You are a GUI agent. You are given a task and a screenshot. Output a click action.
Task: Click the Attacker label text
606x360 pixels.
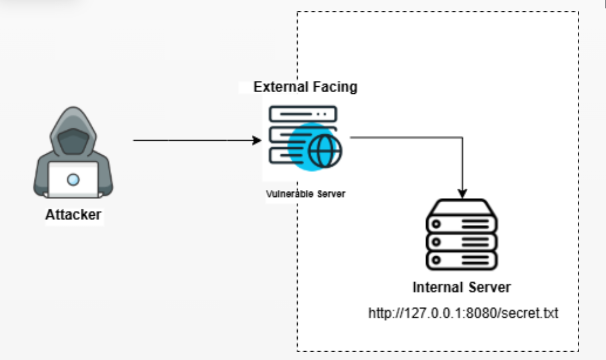[73, 215]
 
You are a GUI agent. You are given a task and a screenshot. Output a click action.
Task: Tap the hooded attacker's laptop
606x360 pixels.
[73, 180]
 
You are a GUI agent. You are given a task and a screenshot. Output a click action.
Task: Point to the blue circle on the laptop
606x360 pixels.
[73, 180]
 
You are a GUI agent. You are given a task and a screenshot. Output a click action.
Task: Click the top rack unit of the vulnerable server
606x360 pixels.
[303, 115]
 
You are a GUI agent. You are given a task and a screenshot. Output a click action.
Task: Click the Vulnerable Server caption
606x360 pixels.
[305, 194]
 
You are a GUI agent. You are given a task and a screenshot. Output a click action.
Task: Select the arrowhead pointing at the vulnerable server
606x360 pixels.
[257, 140]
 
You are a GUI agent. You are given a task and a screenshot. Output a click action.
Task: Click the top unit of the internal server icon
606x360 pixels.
[462, 224]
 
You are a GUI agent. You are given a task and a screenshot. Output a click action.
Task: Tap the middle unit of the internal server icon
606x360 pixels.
[462, 241]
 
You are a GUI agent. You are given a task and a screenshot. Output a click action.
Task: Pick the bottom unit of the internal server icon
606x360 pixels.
[462, 259]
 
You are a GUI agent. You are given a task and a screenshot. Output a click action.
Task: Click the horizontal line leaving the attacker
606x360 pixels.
[193, 140]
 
